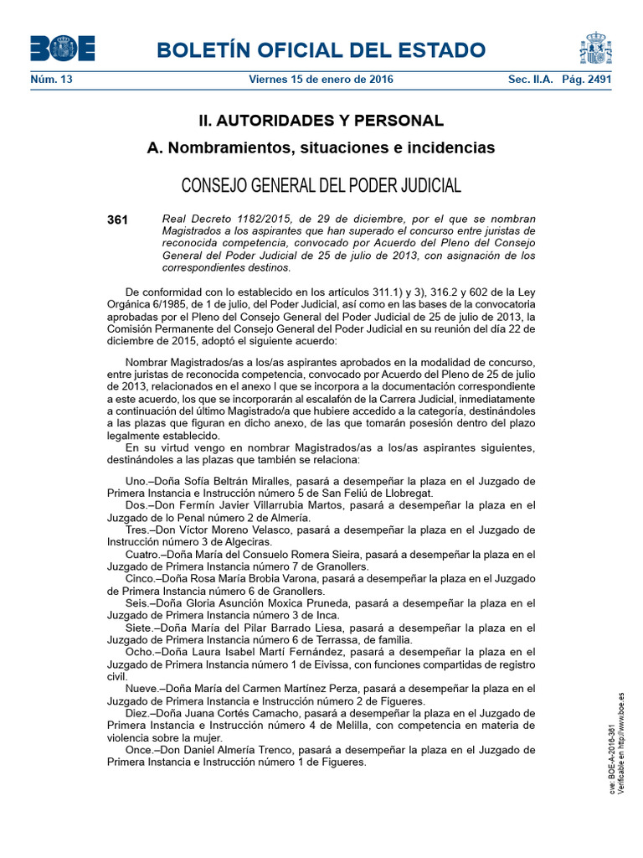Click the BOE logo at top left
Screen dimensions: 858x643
pyautogui.click(x=63, y=49)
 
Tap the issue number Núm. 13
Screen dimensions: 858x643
pyautogui.click(x=51, y=80)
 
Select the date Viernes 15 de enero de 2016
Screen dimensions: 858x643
pyautogui.click(x=321, y=80)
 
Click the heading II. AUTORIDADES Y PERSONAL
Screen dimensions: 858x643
pyautogui.click(x=321, y=121)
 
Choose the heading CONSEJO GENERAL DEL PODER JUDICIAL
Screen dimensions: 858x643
pyautogui.click(x=321, y=185)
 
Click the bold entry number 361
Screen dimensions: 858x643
pyautogui.click(x=117, y=220)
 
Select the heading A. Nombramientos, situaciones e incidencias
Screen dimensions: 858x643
pyautogui.click(x=321, y=148)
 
